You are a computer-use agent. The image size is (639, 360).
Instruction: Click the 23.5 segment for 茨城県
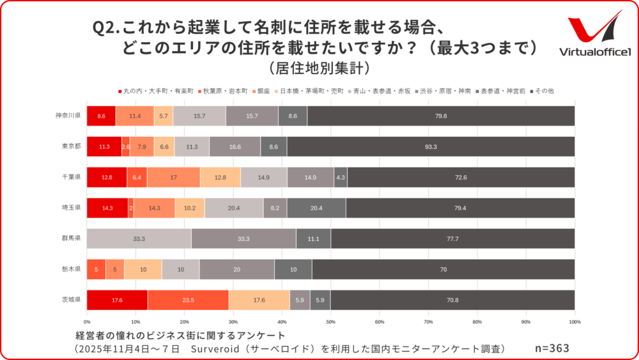pos(188,300)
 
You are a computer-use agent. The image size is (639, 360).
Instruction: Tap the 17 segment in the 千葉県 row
pos(173,177)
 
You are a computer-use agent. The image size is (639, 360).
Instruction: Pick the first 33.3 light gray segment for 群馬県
pos(139,239)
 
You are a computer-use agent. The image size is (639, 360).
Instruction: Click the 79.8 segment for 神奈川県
pos(441,116)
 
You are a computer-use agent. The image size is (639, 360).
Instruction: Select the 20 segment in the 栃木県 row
pos(237,269)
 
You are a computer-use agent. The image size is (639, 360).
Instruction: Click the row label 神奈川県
pos(68,116)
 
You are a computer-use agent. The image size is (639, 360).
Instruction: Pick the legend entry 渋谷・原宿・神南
pos(442,91)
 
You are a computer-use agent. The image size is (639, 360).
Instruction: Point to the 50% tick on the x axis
pos(330,322)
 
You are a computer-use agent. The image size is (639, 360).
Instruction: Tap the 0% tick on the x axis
pos(87,322)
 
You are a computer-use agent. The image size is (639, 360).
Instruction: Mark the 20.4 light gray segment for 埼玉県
pos(234,208)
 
